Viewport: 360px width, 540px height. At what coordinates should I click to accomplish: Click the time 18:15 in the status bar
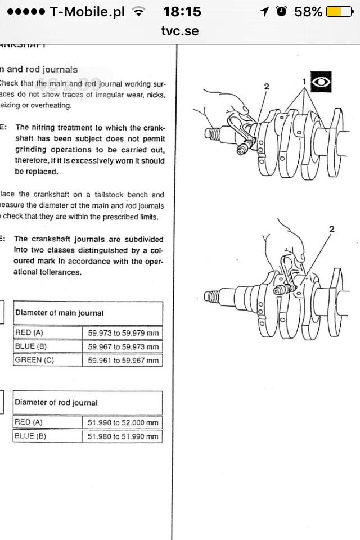click(x=182, y=11)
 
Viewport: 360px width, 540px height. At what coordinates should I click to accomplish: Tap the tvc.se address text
click(x=180, y=31)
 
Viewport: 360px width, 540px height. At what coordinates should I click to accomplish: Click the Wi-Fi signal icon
click(x=137, y=11)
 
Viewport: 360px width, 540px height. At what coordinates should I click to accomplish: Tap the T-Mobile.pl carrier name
click(x=88, y=11)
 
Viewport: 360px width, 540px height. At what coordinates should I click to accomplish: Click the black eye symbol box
click(x=321, y=82)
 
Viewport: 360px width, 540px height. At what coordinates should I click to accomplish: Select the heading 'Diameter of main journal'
click(x=59, y=313)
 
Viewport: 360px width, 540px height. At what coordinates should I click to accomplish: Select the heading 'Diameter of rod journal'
click(x=56, y=402)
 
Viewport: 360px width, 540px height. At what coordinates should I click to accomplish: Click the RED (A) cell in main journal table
click(x=29, y=332)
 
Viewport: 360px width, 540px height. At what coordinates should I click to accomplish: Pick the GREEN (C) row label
click(x=34, y=360)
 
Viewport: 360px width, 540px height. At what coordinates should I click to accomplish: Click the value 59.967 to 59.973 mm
click(x=123, y=346)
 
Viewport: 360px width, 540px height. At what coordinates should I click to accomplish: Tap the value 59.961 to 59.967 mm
click(x=123, y=361)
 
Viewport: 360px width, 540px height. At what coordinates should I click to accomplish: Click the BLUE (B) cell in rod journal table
click(x=30, y=436)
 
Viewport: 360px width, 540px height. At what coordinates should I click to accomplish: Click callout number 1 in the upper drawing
click(x=304, y=82)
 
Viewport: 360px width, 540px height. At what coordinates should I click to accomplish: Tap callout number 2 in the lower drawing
click(x=332, y=229)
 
